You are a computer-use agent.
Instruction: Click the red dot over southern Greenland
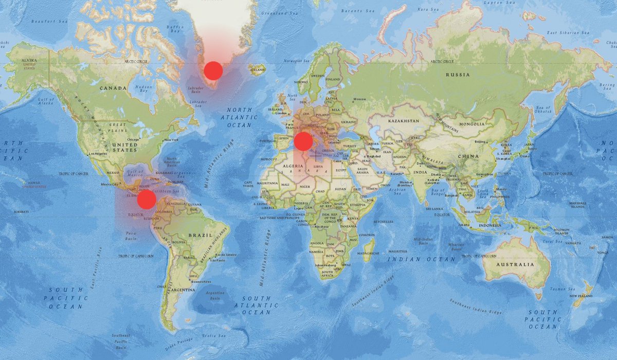(213, 70)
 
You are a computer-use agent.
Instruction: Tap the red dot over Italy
(303, 141)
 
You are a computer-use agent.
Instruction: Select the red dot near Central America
(147, 200)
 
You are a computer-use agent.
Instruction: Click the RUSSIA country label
(458, 75)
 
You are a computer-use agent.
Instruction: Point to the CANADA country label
(113, 88)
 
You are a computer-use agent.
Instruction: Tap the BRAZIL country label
(199, 235)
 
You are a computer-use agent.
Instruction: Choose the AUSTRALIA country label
(515, 264)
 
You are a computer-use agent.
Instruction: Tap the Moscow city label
(360, 99)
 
